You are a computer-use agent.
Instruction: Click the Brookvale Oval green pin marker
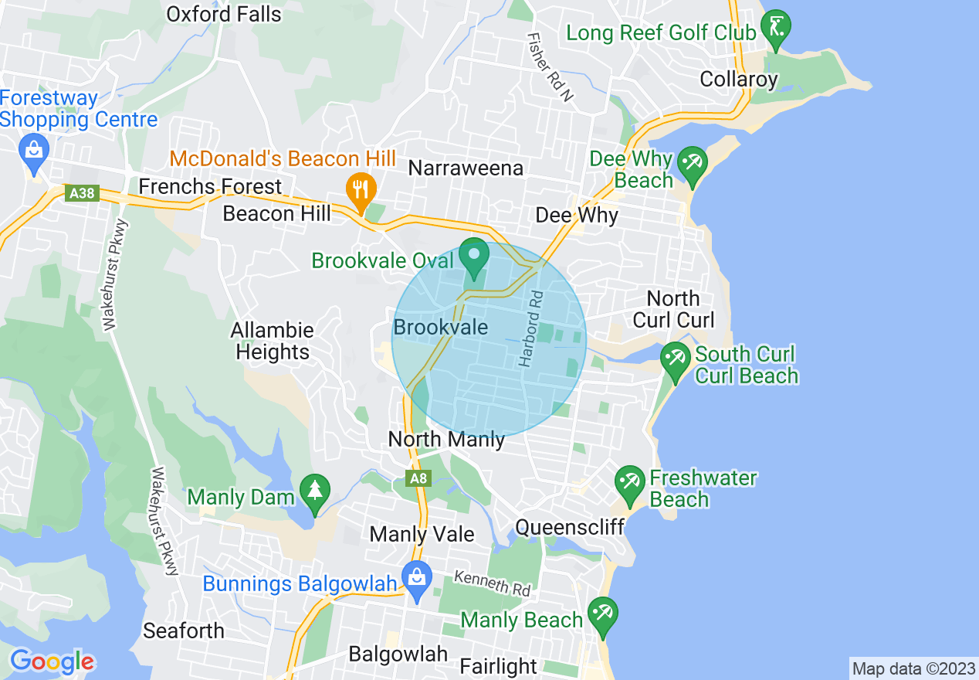tap(473, 258)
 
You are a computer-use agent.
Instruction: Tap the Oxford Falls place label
tap(224, 14)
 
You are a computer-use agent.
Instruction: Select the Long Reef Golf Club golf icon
tap(774, 29)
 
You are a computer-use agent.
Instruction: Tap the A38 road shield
tap(82, 193)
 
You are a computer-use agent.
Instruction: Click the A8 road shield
tap(418, 479)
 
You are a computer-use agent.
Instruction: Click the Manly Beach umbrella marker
tap(601, 615)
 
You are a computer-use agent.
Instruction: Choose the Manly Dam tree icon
tap(314, 493)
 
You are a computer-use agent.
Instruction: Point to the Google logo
tap(52, 661)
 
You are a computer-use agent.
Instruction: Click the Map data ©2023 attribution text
tap(913, 668)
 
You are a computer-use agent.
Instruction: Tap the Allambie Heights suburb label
tap(273, 341)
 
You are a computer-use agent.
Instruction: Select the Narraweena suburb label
tap(466, 168)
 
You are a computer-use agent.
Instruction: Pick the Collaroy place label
tap(739, 79)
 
